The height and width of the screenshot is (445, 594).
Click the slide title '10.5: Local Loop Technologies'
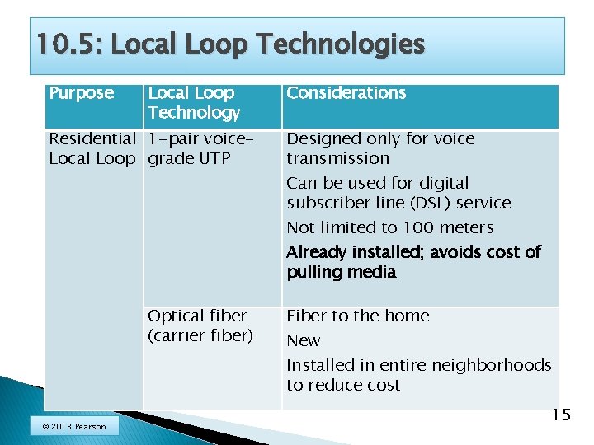pyautogui.click(x=230, y=44)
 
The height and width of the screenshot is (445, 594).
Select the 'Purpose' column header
pyautogui.click(x=81, y=93)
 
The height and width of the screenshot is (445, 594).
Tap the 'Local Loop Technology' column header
pyautogui.click(x=194, y=103)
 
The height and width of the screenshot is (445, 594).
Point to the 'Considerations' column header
pyautogui.click(x=346, y=93)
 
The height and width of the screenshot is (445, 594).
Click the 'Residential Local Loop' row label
pyautogui.click(x=91, y=148)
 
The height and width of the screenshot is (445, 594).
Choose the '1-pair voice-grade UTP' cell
pyautogui.click(x=200, y=148)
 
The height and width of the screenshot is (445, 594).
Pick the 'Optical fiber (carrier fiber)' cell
pyautogui.click(x=200, y=326)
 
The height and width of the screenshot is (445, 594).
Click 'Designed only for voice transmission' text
pyautogui.click(x=380, y=148)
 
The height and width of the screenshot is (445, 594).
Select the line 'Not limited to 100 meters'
pyautogui.click(x=389, y=227)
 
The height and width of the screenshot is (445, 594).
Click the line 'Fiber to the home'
pyautogui.click(x=357, y=316)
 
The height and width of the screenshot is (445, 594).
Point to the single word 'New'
pyautogui.click(x=303, y=340)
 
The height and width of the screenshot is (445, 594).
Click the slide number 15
pyautogui.click(x=560, y=415)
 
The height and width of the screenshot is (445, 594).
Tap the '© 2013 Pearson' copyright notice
pyautogui.click(x=73, y=426)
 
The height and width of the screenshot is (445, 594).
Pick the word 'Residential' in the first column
pyautogui.click(x=91, y=138)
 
